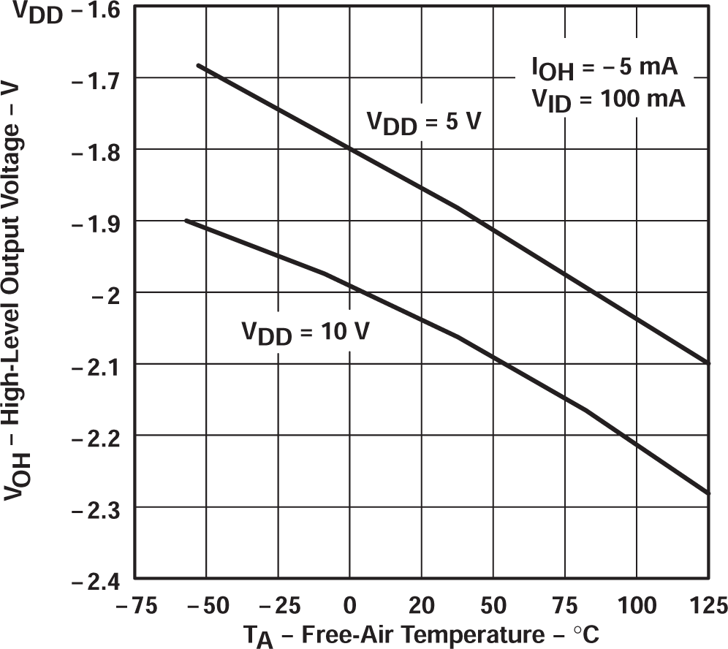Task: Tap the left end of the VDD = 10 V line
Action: click(186, 220)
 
